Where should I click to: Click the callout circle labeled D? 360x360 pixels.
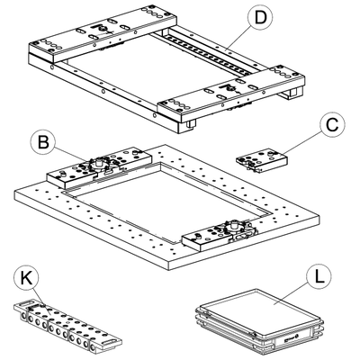[x=260, y=18]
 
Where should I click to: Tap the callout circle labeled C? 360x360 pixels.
[x=332, y=125]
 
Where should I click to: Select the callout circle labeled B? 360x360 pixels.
[x=43, y=141]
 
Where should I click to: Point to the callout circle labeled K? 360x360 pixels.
[x=26, y=279]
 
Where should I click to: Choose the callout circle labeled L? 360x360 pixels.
[x=319, y=277]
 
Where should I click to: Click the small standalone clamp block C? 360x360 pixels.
[x=261, y=161]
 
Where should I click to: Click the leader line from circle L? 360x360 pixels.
[x=292, y=295]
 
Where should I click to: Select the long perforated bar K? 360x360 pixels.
[x=67, y=326]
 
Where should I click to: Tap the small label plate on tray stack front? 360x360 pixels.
[x=290, y=338]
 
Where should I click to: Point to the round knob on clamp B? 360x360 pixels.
[x=98, y=164]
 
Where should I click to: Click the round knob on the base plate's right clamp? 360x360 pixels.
[x=234, y=225]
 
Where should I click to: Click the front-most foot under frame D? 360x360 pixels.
[x=191, y=124]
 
